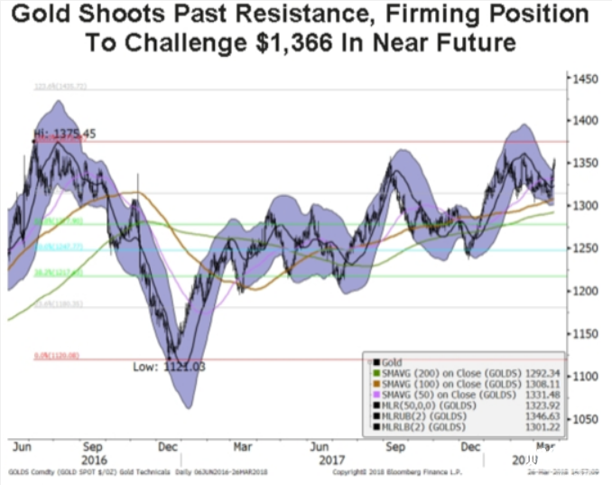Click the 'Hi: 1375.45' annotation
click(58, 134)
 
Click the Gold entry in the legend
click(379, 359)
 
